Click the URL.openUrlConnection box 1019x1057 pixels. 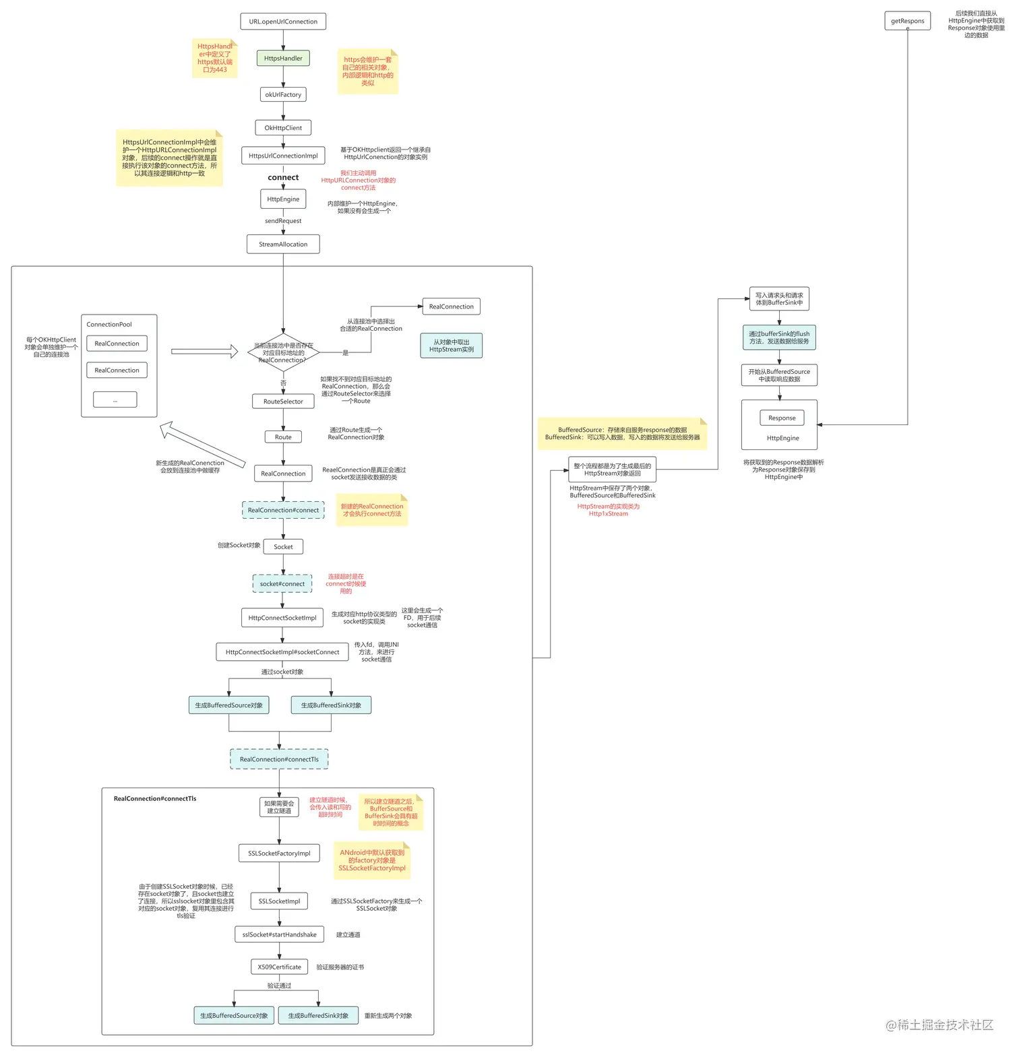(283, 22)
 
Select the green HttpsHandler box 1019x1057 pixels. (283, 59)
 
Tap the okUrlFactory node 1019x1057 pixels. (283, 94)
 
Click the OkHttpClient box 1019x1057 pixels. (283, 128)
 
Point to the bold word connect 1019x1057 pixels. (283, 178)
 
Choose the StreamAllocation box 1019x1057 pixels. (283, 244)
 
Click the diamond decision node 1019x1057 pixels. (283, 352)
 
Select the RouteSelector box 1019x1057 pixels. (283, 402)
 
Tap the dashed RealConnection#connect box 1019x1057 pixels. (283, 510)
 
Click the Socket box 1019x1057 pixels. (283, 547)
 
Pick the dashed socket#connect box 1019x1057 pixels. (282, 584)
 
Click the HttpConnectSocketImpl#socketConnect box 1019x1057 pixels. (282, 652)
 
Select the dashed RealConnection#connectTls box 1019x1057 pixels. (279, 759)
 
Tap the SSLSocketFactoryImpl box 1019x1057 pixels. (279, 854)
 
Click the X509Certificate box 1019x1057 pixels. (279, 967)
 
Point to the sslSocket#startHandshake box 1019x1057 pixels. (279, 934)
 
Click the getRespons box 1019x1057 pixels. (907, 22)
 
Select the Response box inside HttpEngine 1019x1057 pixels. (782, 418)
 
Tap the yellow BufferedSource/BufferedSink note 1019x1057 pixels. (622, 434)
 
